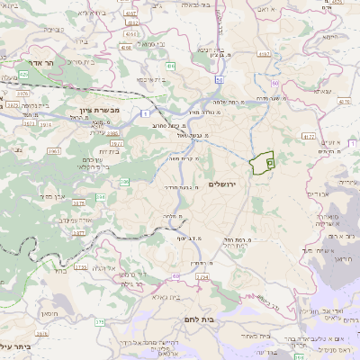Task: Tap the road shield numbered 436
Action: [x=170, y=66]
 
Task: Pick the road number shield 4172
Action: [x=309, y=136]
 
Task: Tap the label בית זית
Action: [x=106, y=151]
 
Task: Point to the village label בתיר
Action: [x=72, y=269]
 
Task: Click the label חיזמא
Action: [x=328, y=38]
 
